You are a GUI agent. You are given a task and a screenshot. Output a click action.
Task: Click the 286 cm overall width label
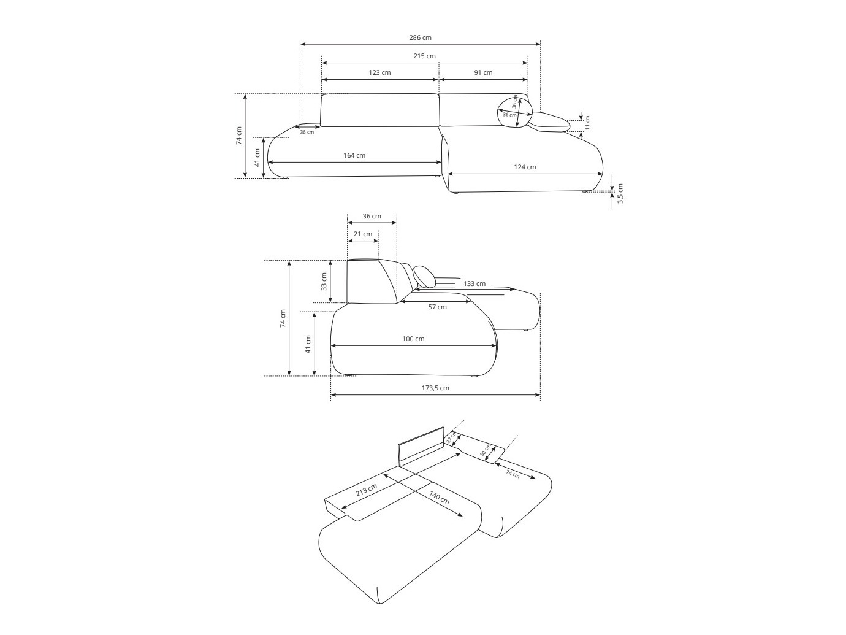420,37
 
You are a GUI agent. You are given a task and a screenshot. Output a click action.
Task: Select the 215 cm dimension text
424,56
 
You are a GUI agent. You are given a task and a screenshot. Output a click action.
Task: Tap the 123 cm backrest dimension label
379,72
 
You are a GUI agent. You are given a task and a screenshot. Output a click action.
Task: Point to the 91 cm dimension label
483,72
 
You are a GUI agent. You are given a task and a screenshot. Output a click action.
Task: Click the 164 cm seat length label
354,155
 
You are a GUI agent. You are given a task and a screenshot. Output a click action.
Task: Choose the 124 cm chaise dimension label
524,167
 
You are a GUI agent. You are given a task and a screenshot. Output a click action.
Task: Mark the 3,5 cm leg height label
620,193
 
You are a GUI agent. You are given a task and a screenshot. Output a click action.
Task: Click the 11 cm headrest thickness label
587,123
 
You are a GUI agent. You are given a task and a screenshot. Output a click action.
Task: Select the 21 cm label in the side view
363,234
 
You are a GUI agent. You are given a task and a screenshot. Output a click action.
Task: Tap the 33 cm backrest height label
324,281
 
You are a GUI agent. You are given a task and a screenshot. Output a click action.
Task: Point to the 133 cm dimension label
474,283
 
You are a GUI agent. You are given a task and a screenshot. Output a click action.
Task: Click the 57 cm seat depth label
437,307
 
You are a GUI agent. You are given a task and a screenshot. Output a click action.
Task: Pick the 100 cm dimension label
413,339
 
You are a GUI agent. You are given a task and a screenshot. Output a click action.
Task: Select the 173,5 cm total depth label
435,388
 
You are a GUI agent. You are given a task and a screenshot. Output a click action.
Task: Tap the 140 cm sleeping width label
439,498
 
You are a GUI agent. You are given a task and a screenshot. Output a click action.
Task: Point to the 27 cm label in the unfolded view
451,438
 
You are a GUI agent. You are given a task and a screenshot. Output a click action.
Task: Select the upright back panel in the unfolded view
421,446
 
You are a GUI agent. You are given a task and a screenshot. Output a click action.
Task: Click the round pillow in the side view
424,277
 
